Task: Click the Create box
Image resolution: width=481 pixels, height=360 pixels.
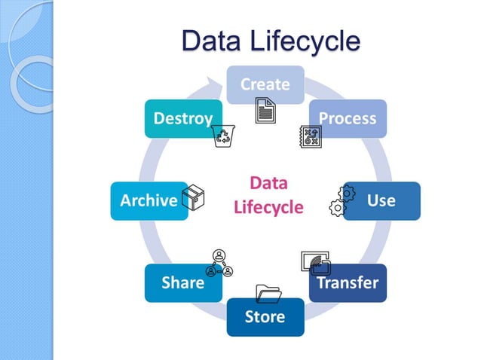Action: [265, 84]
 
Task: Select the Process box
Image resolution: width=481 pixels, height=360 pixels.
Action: [348, 118]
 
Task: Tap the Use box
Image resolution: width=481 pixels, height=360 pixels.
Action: [381, 200]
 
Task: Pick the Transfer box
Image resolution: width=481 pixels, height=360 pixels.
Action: [348, 283]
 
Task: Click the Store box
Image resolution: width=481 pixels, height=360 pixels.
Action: [265, 316]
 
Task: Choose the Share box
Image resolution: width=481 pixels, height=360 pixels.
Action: [183, 283]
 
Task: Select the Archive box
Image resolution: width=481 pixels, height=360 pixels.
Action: [149, 200]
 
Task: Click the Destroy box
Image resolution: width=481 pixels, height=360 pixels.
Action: [183, 118]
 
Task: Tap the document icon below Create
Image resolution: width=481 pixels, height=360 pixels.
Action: [265, 113]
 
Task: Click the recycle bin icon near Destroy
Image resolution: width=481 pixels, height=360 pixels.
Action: [224, 136]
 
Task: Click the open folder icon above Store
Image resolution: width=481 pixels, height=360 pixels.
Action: [268, 292]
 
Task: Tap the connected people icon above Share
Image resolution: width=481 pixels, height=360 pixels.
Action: [219, 263]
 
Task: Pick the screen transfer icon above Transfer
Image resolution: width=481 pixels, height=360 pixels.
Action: [315, 261]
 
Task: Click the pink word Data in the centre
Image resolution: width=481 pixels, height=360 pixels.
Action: [268, 183]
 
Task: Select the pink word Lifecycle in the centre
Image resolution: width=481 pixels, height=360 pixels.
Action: [268, 207]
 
